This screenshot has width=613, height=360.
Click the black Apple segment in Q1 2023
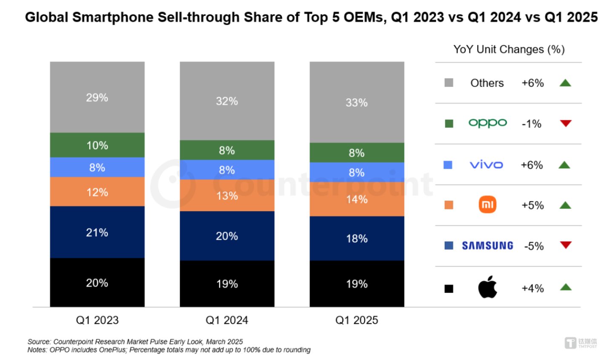(97, 282)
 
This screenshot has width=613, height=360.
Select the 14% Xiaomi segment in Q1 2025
(357, 199)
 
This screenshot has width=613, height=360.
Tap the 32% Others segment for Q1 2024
(227, 101)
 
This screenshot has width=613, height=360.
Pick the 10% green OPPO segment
(97, 145)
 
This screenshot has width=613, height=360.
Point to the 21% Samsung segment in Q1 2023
(97, 232)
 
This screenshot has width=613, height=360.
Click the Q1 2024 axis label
(227, 320)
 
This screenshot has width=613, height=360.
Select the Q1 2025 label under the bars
(357, 320)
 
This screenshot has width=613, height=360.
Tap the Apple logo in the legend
(487, 287)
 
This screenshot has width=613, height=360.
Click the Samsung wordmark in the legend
(487, 246)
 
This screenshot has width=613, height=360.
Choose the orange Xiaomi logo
(487, 205)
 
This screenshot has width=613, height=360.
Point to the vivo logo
(486, 165)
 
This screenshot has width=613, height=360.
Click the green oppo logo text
(487, 123)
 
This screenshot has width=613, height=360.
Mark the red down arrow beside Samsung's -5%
(566, 245)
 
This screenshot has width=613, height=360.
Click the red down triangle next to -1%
(566, 123)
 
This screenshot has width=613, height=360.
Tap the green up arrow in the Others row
(565, 83)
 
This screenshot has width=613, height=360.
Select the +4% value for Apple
(533, 288)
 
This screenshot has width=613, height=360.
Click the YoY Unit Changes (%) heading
(509, 49)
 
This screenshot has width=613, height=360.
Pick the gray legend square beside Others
(449, 83)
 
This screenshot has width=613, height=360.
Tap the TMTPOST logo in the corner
(581, 343)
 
